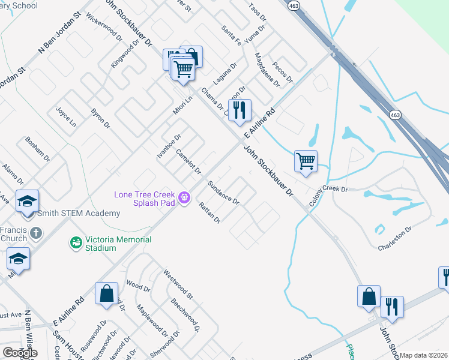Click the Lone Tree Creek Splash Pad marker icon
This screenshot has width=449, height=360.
click(x=184, y=196)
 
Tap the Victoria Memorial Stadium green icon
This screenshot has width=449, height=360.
click(x=76, y=242)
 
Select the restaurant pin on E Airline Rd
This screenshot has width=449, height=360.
click(x=240, y=110)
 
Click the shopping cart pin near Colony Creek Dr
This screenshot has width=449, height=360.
click(x=306, y=161)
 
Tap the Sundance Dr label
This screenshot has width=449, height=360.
click(x=223, y=192)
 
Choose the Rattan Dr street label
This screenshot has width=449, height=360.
click(x=209, y=212)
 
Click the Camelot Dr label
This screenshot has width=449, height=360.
click(x=188, y=161)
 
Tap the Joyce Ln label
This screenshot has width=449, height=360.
click(x=66, y=117)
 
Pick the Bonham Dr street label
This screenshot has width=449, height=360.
click(x=37, y=149)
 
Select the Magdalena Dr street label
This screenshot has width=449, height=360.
click(x=268, y=70)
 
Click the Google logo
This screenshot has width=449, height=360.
click(x=20, y=353)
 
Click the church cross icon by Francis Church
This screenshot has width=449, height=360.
click(x=36, y=232)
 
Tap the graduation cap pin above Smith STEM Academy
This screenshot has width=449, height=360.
click(x=28, y=202)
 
